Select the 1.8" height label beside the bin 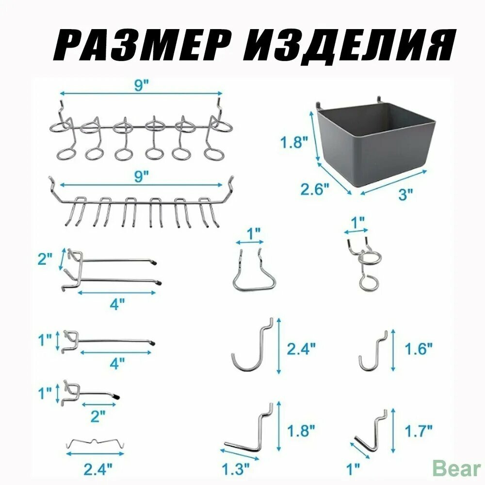[294, 143]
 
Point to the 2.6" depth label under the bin [315, 189]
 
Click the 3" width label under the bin [405, 194]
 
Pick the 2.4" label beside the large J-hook [301, 349]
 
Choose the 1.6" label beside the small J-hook [418, 349]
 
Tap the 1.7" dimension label [418, 430]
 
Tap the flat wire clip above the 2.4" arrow [95, 443]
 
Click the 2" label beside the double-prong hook [45, 259]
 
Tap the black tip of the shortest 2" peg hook [116, 396]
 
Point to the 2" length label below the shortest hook [98, 416]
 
